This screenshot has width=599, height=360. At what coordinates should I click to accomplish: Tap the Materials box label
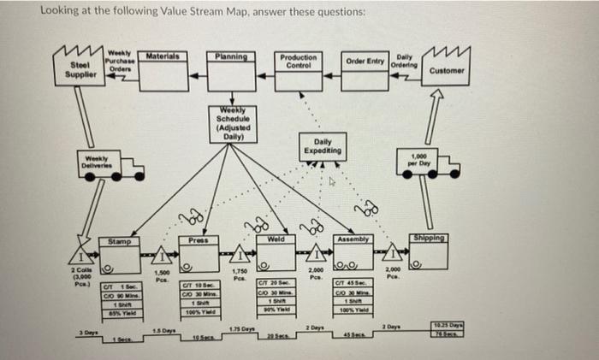coord(162,56)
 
